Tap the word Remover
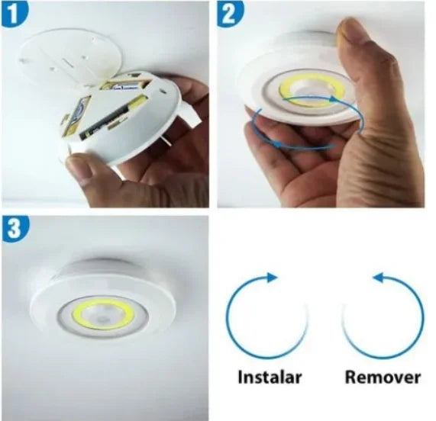click(383, 377)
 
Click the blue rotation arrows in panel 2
click(298, 133)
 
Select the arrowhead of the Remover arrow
click(377, 278)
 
